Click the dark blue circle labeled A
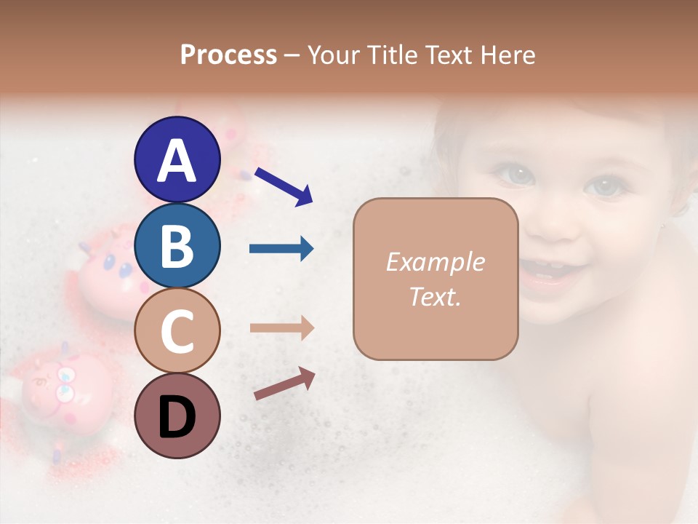pyautogui.click(x=177, y=159)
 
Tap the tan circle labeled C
pyautogui.click(x=177, y=330)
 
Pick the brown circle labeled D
pyautogui.click(x=177, y=416)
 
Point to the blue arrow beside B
pyautogui.click(x=281, y=249)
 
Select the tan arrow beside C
pyautogui.click(x=281, y=328)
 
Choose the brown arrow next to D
pyautogui.click(x=284, y=384)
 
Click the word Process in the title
pyautogui.click(x=228, y=55)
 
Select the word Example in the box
pyautogui.click(x=435, y=262)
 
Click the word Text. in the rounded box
pyautogui.click(x=435, y=297)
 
